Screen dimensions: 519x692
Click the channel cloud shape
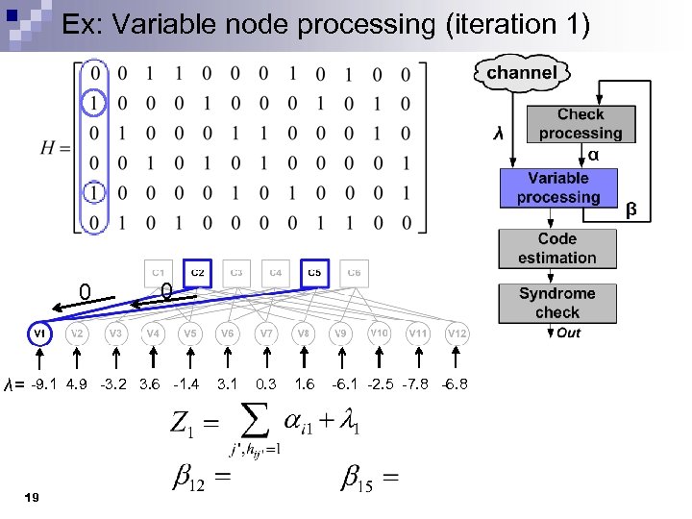click(x=521, y=73)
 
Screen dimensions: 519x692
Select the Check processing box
click(x=580, y=124)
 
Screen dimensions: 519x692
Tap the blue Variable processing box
click(x=557, y=187)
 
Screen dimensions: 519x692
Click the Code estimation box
click(x=557, y=248)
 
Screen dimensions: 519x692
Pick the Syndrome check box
click(x=557, y=303)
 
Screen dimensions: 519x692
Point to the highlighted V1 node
click(x=40, y=334)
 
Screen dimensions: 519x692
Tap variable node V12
click(x=457, y=334)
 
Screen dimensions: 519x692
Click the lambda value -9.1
click(x=43, y=384)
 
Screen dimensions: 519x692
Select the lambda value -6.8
click(x=454, y=384)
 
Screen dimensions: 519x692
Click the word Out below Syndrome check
click(x=568, y=334)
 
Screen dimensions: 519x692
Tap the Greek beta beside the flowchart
click(x=630, y=208)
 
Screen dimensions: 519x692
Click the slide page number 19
click(x=33, y=497)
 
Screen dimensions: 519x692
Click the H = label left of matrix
click(x=56, y=147)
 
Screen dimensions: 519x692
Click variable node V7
click(x=265, y=334)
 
